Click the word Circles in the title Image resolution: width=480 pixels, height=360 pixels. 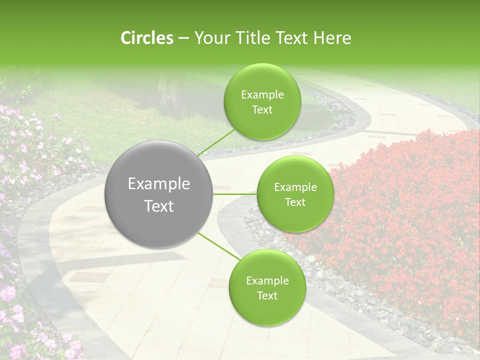(147, 38)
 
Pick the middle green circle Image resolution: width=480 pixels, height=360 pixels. (295, 215)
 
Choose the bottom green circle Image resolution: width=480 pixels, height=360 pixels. (267, 310)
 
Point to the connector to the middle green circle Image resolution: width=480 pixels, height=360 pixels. (235, 194)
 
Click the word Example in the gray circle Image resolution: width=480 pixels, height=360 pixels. (159, 184)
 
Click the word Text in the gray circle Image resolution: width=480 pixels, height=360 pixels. (159, 206)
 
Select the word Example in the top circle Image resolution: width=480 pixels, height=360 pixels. (262, 95)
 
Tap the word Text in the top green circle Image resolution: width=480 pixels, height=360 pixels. (262, 110)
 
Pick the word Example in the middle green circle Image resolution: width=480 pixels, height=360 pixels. (295, 187)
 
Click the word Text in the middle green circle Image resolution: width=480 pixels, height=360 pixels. (295, 202)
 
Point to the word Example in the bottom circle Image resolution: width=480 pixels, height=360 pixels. (267, 281)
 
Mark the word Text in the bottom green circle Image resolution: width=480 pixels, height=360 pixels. (267, 296)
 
